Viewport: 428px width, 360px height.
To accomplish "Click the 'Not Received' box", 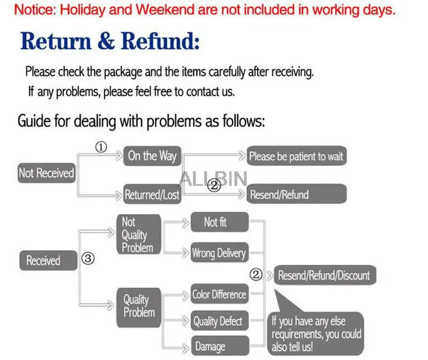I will [46, 174].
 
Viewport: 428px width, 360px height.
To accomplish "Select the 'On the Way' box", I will [152, 156].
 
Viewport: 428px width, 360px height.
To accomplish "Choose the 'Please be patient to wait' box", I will [296, 156].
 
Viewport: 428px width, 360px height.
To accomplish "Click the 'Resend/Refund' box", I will [296, 195].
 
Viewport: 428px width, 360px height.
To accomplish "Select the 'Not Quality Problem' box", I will [138, 235].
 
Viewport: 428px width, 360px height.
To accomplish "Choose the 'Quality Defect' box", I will [218, 321].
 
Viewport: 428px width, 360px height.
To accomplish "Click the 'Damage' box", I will [218, 347].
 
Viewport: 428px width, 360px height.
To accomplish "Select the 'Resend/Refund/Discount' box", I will [323, 275].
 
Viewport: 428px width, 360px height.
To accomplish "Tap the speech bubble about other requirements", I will [316, 333].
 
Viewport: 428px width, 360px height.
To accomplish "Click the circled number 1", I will [101, 147].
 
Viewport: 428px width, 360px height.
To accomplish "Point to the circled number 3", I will [88, 259].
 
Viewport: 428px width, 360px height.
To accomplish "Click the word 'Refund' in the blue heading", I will [161, 41].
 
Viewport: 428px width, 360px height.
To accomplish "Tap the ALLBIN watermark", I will [213, 179].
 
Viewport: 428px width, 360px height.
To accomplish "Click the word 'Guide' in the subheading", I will [35, 120].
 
